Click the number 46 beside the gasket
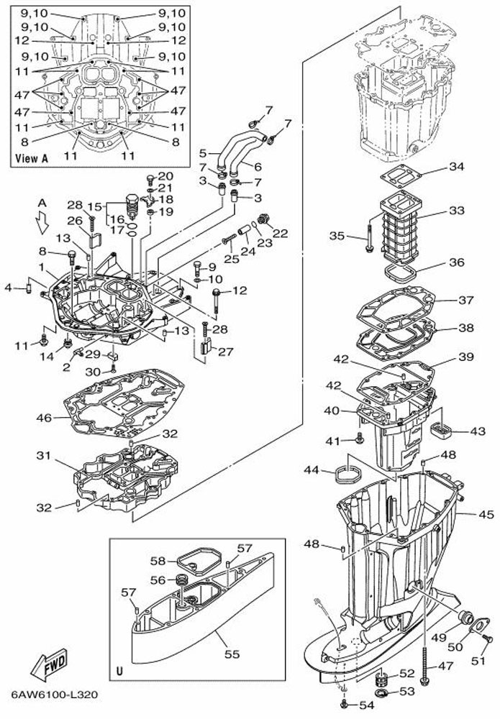pyautogui.click(x=45, y=417)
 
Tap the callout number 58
pyautogui.click(x=158, y=561)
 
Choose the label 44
pyautogui.click(x=312, y=470)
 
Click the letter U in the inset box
pyautogui.click(x=119, y=672)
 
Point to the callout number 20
pyautogui.click(x=166, y=176)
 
